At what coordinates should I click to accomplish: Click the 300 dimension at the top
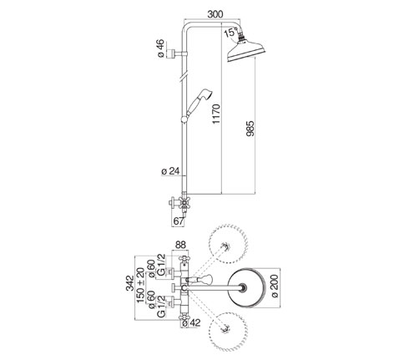215,14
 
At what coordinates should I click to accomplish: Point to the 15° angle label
230,32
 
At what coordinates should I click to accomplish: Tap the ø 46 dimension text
161,48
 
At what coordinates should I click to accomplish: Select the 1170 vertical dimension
216,114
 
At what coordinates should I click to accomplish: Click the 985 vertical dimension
250,129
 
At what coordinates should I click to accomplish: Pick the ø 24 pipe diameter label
170,171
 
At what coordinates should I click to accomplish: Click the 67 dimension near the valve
179,221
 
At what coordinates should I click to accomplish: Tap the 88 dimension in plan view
180,245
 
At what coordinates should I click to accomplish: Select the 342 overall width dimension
130,283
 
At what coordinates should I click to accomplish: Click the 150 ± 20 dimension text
140,286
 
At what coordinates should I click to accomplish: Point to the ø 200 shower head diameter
275,286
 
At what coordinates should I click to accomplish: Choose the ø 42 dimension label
190,323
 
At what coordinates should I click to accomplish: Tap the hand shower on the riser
197,105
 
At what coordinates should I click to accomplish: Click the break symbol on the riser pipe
184,77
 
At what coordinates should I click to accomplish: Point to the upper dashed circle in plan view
229,244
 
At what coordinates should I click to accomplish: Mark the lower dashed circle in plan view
229,330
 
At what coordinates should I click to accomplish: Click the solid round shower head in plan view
246,288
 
